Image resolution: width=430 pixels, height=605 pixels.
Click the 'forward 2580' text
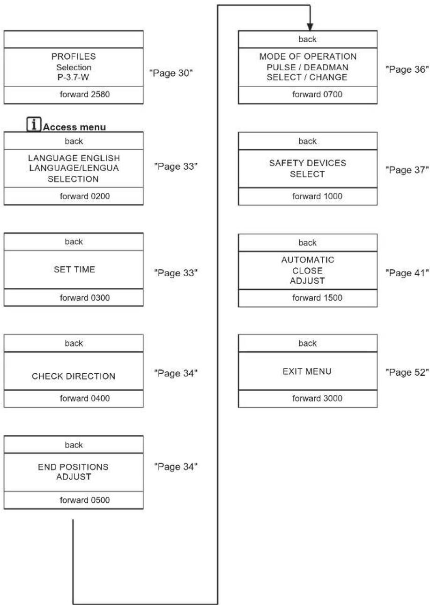[85, 94]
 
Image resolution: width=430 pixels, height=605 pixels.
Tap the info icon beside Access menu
[34, 124]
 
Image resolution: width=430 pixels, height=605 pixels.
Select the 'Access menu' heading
[74, 127]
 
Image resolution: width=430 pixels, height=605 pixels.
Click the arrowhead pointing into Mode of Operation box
[310, 27]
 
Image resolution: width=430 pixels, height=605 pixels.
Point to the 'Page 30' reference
[171, 73]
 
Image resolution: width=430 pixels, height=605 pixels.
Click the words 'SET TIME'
[74, 269]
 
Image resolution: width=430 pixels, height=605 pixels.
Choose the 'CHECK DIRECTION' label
[74, 376]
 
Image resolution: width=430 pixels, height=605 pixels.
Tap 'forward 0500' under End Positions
[85, 500]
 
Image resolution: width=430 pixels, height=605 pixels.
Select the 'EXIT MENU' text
[307, 371]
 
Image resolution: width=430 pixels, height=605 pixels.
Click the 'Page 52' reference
[407, 372]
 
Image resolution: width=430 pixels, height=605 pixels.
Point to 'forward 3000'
[317, 398]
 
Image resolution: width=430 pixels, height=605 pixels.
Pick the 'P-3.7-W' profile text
[73, 77]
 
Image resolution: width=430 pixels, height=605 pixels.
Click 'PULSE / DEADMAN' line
[308, 67]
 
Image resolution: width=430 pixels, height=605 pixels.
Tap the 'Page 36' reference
[407, 69]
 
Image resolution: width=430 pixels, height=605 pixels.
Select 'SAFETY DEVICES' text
[308, 163]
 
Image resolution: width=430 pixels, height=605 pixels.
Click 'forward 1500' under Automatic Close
[317, 298]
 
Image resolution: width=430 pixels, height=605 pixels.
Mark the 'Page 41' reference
[407, 273]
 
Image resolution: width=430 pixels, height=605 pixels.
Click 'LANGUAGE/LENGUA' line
[74, 168]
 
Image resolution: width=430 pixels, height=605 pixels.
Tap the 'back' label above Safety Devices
[308, 141]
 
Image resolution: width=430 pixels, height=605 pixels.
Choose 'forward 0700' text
[317, 94]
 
